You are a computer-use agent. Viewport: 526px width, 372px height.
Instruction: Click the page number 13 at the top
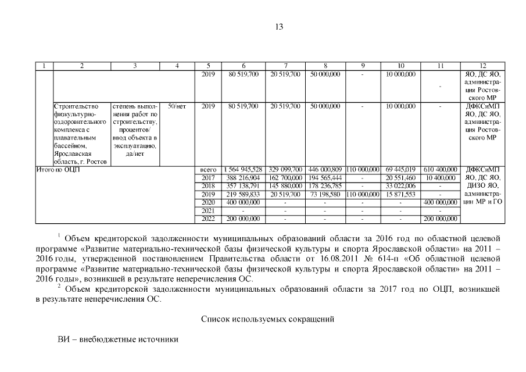click(279, 27)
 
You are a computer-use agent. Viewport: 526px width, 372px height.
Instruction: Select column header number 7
click(285, 66)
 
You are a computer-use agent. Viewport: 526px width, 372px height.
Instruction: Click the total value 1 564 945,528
click(243, 169)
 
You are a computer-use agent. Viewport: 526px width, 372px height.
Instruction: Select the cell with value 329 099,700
click(285, 169)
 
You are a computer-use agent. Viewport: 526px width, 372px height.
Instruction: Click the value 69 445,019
click(400, 169)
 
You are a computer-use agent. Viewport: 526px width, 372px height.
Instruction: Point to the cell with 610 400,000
click(440, 169)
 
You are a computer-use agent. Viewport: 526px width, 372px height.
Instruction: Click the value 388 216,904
click(243, 177)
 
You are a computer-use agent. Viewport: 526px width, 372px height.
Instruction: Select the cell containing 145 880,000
click(285, 185)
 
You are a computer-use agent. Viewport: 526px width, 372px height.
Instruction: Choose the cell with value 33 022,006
click(400, 185)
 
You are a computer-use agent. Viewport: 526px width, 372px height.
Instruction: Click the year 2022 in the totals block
click(208, 219)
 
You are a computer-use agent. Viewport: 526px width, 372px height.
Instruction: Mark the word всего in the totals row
click(208, 169)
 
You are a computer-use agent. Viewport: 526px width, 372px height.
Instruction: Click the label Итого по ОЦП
click(58, 169)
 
